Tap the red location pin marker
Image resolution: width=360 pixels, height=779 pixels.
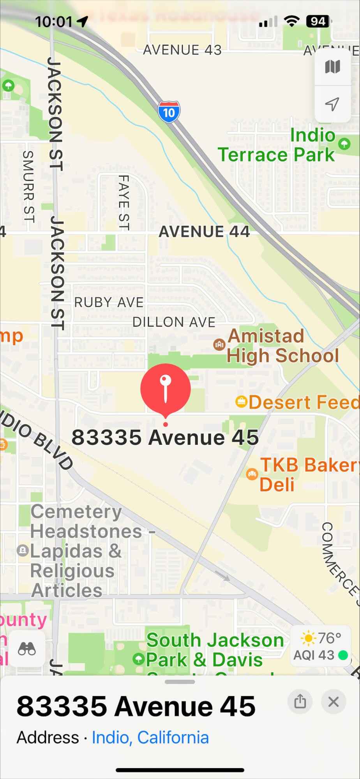[166, 389]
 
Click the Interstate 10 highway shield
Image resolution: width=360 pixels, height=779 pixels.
[169, 112]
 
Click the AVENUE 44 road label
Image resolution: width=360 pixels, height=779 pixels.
[204, 232]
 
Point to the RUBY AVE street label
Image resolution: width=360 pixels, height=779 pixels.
[109, 302]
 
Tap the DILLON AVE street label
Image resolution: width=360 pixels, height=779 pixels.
[174, 322]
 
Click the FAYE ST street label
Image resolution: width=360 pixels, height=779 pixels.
[124, 203]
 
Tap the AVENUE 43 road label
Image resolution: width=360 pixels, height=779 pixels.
[182, 50]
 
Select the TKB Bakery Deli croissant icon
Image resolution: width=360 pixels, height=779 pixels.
[252, 474]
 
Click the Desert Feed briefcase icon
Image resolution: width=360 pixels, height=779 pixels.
[242, 402]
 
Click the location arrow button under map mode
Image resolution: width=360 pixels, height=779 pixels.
[332, 104]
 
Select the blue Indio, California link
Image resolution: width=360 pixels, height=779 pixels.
[150, 738]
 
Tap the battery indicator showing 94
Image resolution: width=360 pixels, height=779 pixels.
[318, 21]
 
